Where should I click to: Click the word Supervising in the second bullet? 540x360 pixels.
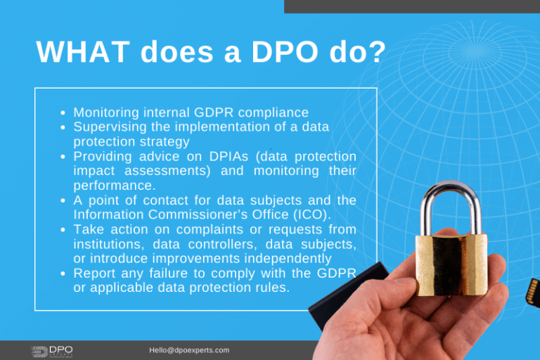coord(108,127)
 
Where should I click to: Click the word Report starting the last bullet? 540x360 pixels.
coord(94,274)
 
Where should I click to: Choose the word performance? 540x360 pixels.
coord(112,186)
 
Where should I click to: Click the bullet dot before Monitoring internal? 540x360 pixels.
coord(63,112)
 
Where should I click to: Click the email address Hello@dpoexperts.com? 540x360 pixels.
coord(189,350)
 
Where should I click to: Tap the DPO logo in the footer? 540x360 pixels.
coord(52,350)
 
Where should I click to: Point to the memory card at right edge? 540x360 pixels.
coord(533,290)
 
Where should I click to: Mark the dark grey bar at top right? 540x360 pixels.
coord(411,6)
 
